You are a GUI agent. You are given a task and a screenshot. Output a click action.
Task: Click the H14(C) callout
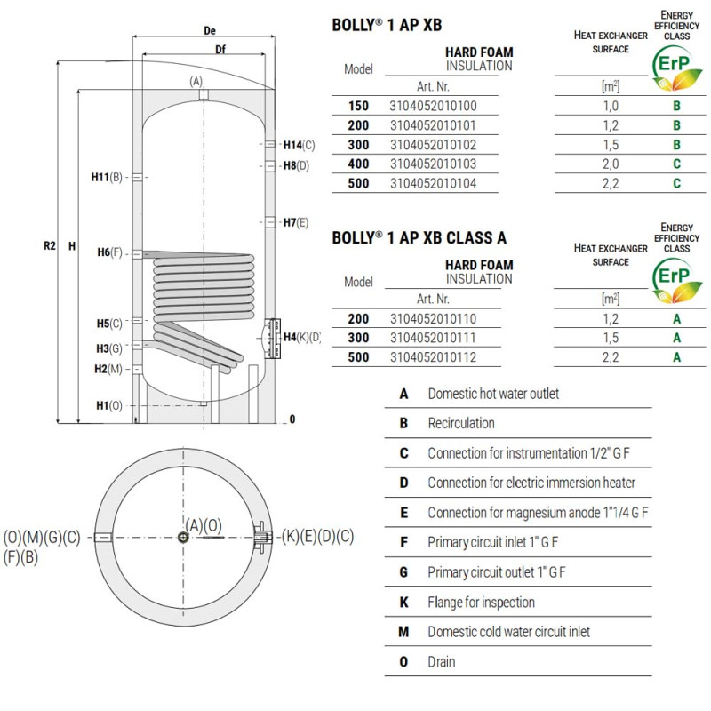(299, 145)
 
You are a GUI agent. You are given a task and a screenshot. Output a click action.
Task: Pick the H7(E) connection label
(295, 222)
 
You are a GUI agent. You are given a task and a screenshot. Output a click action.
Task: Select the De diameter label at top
(210, 30)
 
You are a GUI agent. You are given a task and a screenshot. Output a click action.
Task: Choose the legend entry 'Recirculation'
(460, 423)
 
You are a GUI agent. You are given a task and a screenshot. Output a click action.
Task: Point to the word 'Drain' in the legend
(441, 661)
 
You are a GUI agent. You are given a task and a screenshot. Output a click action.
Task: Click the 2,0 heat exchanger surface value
(611, 164)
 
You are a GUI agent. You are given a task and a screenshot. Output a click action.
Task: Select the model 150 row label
(358, 106)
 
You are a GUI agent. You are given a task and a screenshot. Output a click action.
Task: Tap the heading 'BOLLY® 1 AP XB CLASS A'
(419, 237)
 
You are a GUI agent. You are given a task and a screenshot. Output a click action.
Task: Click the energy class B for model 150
(677, 106)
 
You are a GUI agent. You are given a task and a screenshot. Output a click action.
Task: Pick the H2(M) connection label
(110, 368)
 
